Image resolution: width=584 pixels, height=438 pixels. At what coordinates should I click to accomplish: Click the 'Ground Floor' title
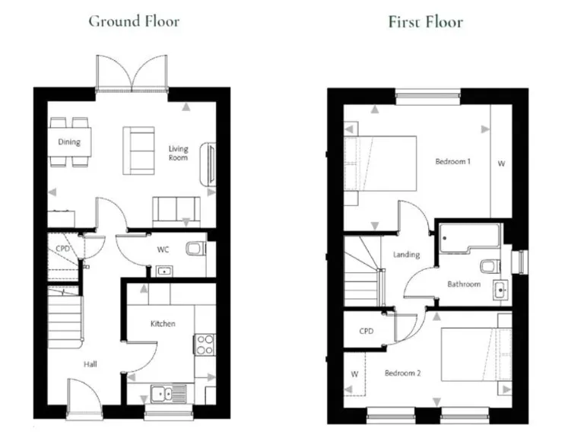(x=134, y=21)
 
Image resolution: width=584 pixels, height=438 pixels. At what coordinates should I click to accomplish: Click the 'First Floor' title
(x=425, y=21)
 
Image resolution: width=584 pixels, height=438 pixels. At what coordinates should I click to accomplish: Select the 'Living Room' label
(x=178, y=154)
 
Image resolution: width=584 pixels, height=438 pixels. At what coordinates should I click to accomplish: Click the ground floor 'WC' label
(x=163, y=249)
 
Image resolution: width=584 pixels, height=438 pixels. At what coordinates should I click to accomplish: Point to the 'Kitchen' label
(x=162, y=324)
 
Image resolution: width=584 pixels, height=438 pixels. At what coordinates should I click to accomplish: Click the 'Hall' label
(x=90, y=365)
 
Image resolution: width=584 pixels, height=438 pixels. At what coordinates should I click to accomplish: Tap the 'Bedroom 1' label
(x=452, y=161)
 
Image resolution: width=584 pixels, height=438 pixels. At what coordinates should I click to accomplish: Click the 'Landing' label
(x=405, y=255)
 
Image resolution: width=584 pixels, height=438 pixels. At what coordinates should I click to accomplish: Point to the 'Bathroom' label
(x=463, y=284)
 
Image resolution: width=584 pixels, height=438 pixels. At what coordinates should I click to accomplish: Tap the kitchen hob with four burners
(x=205, y=344)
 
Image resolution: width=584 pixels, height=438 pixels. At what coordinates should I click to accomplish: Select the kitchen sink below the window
(x=161, y=393)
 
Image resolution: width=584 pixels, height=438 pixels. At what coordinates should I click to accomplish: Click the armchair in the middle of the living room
(x=138, y=149)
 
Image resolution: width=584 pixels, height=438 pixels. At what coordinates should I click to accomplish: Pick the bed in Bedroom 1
(x=381, y=163)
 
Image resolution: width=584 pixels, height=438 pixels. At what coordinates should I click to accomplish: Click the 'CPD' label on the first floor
(x=367, y=332)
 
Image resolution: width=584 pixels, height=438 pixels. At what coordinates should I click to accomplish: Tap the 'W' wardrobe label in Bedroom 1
(x=500, y=163)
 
